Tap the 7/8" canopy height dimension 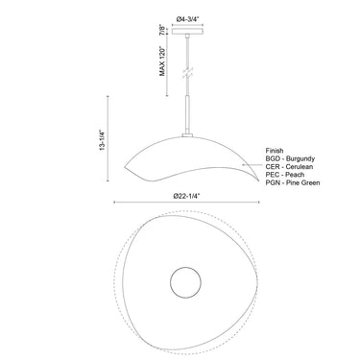click(163, 31)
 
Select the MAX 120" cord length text click(163, 61)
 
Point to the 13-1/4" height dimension click(102, 140)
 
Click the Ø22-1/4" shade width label click(186, 196)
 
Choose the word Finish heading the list click(275, 151)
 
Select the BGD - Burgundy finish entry click(290, 158)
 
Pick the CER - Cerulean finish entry click(289, 167)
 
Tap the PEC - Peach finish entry click(285, 175)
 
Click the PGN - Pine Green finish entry click(293, 182)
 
